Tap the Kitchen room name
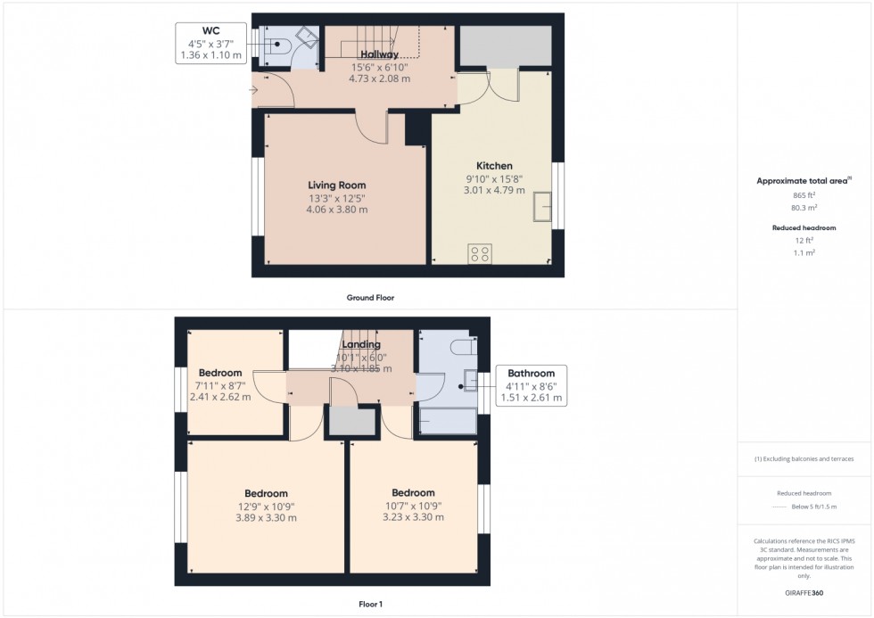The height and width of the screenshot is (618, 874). [x=494, y=166]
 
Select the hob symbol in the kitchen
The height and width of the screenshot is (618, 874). [x=479, y=253]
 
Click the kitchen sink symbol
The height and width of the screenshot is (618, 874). [x=541, y=208]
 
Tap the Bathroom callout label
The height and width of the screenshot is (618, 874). [x=531, y=374]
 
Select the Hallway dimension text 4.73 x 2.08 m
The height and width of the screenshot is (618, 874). [x=379, y=78]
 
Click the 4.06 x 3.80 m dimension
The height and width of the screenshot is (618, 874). [x=337, y=210]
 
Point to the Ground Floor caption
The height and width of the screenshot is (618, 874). [x=370, y=298]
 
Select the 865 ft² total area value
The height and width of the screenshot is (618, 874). [x=804, y=195]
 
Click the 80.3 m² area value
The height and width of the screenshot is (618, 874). [x=804, y=208]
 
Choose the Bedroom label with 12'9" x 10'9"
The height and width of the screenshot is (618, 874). [x=266, y=493]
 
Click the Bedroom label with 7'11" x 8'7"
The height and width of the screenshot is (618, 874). [x=220, y=373]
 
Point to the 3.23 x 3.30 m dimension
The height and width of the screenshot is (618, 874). [x=413, y=517]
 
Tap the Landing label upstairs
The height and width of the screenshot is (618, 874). [x=361, y=344]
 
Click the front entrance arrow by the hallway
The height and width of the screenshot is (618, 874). [x=255, y=89]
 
